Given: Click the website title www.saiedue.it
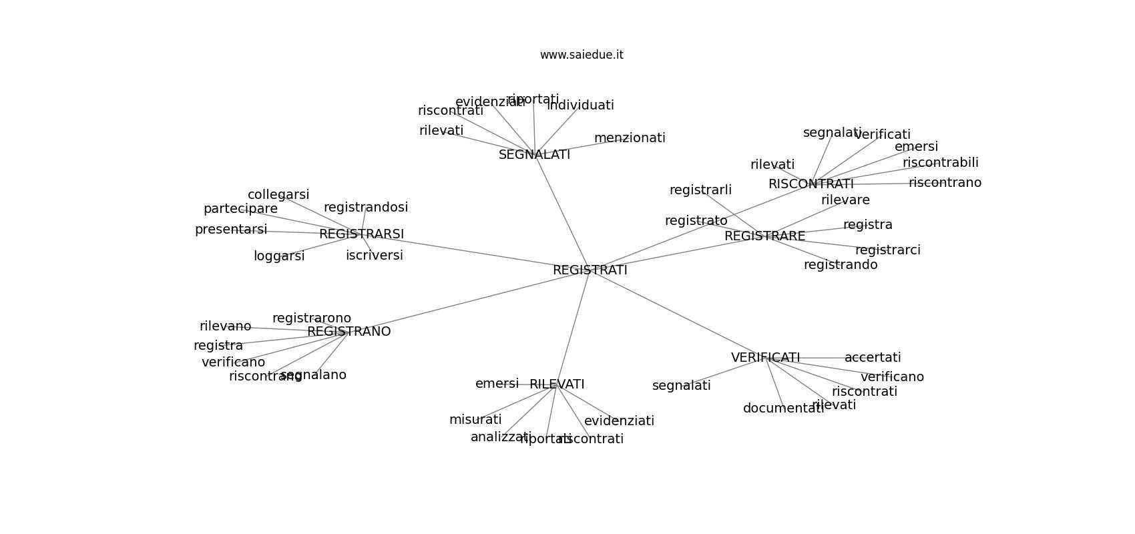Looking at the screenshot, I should tap(582, 55).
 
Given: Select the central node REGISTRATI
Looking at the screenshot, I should tap(590, 270).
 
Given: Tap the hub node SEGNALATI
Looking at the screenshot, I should tap(534, 155).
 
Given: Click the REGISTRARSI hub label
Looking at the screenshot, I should tap(361, 234).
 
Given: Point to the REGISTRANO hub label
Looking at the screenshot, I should tap(349, 332).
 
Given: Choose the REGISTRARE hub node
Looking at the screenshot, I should tap(764, 236).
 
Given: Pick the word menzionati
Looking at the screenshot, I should tap(630, 138).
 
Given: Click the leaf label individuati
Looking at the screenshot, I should tap(580, 105).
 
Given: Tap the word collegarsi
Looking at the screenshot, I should tap(278, 195).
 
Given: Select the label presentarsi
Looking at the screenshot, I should tap(231, 230).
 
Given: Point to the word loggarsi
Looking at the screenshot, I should tap(279, 256).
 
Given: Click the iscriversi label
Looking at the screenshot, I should tap(375, 256).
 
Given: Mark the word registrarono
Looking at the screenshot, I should tap(312, 318).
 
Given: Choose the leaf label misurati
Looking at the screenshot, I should tap(475, 420).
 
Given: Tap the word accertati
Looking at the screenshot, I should tap(873, 358).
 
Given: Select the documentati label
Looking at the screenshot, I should tap(784, 409).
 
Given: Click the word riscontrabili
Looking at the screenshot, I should tap(941, 163).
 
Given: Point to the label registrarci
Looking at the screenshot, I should tap(888, 250).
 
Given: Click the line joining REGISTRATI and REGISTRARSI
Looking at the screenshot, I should tap(475, 252).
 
